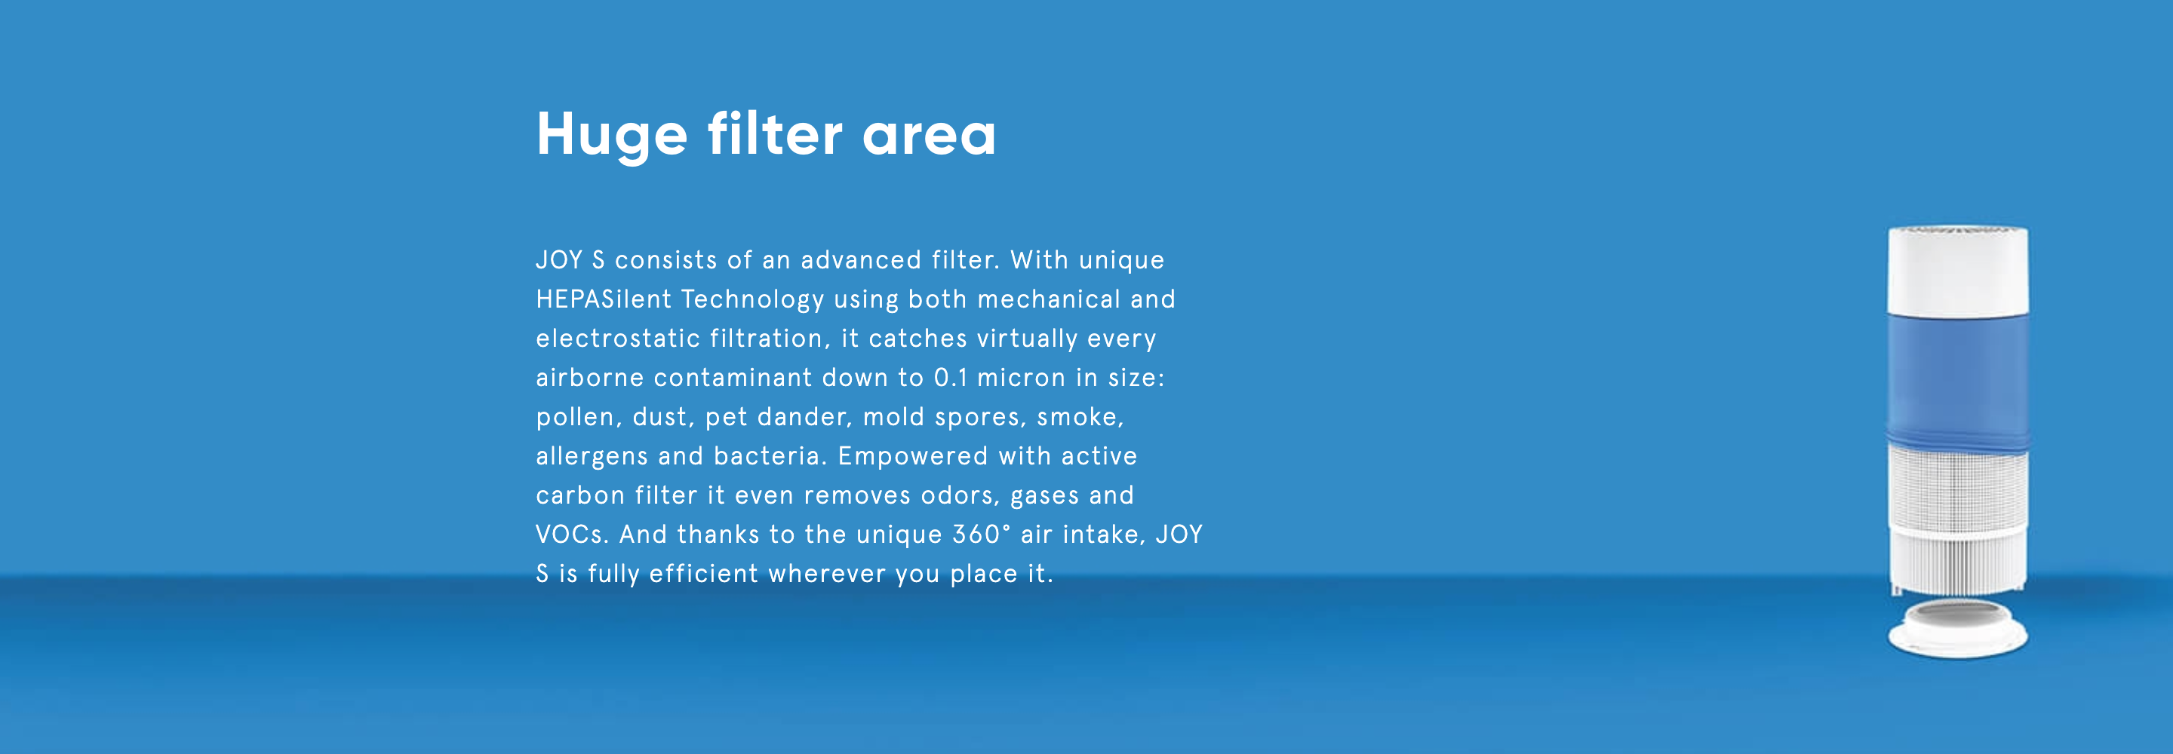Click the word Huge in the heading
613,135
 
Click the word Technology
752,300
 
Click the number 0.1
951,378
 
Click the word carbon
580,495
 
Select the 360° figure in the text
981,535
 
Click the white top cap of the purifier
1958,271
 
